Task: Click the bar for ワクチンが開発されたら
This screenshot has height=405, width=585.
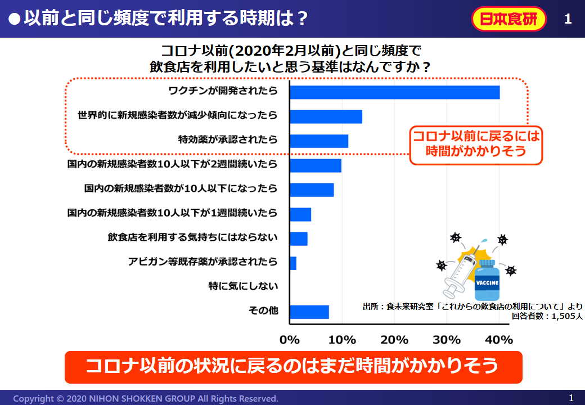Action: pos(394,92)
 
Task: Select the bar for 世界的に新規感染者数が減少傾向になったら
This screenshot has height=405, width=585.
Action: pos(325,116)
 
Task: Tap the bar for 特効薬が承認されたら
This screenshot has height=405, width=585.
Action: pos(318,141)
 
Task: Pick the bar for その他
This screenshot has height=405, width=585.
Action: pos(309,312)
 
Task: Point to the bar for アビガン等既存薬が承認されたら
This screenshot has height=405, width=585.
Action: pos(293,263)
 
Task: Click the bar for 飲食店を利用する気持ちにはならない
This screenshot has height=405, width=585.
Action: pos(298,238)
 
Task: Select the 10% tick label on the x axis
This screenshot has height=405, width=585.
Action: pos(342,340)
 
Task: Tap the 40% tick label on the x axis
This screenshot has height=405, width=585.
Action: pos(499,340)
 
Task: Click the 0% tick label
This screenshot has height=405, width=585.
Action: pos(290,340)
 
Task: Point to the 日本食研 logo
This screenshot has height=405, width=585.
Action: pos(508,19)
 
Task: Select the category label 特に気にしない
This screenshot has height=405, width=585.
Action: pos(243,286)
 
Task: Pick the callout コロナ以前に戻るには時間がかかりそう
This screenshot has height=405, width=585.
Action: pos(475,145)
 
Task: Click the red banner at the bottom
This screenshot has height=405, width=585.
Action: pos(293,367)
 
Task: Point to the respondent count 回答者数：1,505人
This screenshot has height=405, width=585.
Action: pos(547,316)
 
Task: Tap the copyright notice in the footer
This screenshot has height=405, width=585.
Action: pos(146,398)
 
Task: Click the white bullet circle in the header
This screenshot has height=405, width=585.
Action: pos(15,19)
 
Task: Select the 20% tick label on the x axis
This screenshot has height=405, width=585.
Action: pos(394,340)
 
